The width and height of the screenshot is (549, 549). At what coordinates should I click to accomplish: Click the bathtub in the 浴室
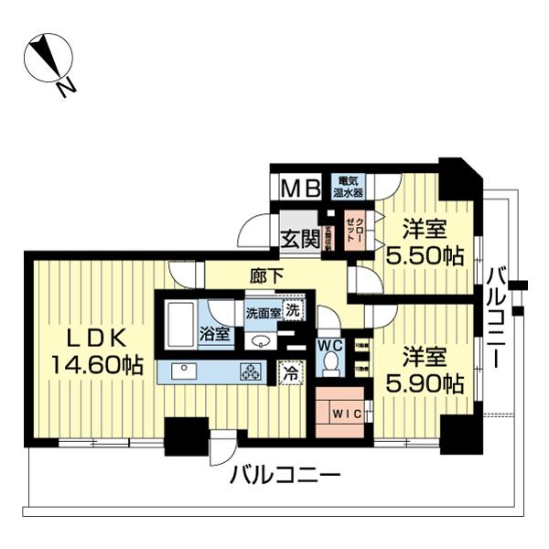(x=180, y=324)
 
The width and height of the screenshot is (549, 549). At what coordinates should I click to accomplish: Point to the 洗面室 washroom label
(x=262, y=314)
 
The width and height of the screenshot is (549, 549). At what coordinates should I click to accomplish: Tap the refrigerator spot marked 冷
(x=290, y=372)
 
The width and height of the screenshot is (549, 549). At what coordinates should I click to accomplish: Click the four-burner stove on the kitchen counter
(x=251, y=371)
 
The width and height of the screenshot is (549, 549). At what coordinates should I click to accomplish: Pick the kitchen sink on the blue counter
(x=181, y=371)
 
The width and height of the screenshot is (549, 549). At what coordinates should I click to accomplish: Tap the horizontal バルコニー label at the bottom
(x=285, y=476)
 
